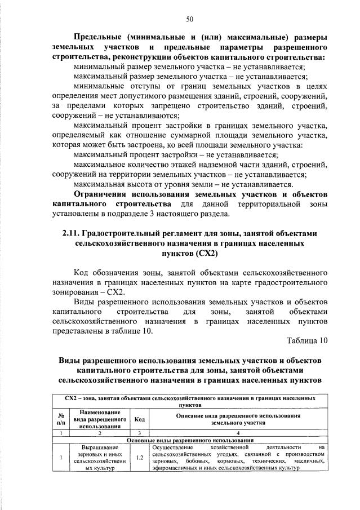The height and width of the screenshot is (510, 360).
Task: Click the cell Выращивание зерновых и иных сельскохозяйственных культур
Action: click(97, 458)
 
